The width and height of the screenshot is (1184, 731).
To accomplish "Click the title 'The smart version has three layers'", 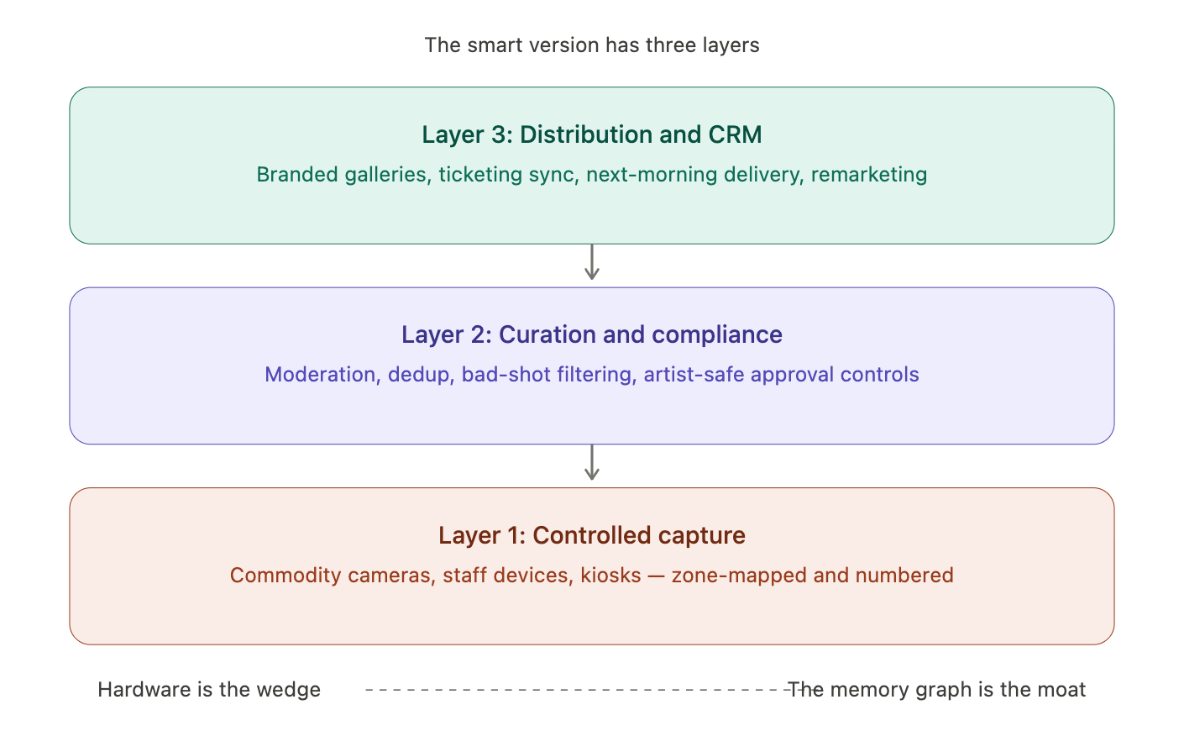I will click(x=592, y=45).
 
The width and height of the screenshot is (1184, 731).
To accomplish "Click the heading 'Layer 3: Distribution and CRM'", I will click(x=592, y=134).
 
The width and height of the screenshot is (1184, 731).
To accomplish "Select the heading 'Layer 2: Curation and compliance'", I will click(x=592, y=334).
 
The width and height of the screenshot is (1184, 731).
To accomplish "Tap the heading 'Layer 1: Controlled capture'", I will click(x=592, y=535).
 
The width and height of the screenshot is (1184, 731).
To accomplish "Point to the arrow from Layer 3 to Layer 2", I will click(x=592, y=263).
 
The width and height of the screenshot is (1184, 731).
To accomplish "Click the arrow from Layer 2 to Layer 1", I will click(x=592, y=463).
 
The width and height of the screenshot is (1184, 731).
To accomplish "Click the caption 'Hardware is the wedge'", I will click(x=209, y=690).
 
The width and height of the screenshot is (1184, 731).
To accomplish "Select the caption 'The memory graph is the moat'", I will click(x=937, y=690).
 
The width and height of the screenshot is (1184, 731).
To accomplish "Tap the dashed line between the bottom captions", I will click(x=571, y=690).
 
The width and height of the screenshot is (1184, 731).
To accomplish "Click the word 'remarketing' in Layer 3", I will click(x=869, y=175).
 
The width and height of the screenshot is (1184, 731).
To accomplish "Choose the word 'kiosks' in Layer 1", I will click(x=610, y=576).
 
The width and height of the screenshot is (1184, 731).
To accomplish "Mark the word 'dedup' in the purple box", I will click(x=419, y=375).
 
